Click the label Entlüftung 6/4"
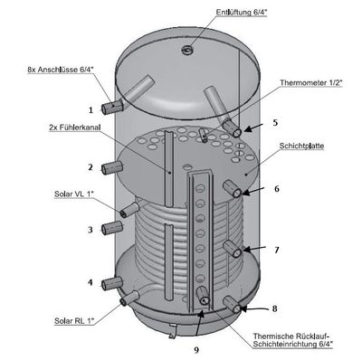click(242, 13)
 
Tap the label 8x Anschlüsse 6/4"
click(61, 70)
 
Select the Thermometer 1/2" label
click(311, 82)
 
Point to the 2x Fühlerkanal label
click(74, 128)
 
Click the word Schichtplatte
click(301, 147)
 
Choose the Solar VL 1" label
click(74, 194)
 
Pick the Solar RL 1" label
click(74, 321)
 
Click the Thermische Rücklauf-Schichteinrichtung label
click(293, 340)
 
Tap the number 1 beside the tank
click(90, 110)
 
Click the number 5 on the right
click(275, 123)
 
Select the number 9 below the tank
click(196, 350)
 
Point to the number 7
click(277, 250)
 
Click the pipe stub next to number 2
click(112, 167)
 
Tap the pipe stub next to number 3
click(112, 228)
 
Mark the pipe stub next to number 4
click(112, 284)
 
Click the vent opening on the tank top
click(187, 50)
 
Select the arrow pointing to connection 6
click(252, 191)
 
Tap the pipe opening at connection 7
click(237, 252)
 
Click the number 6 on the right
click(277, 189)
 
